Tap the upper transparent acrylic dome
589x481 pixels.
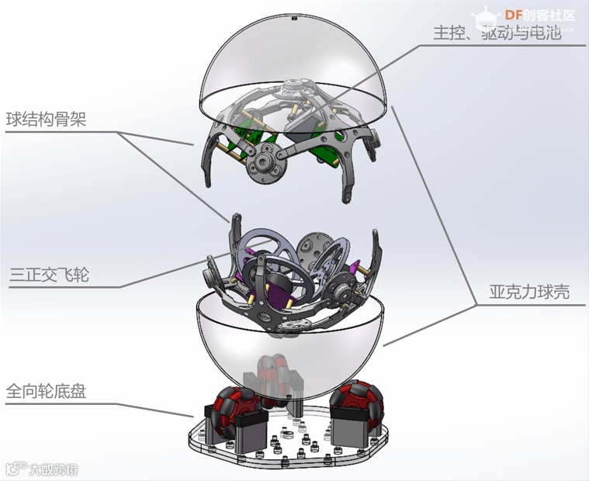[x=295, y=62]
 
